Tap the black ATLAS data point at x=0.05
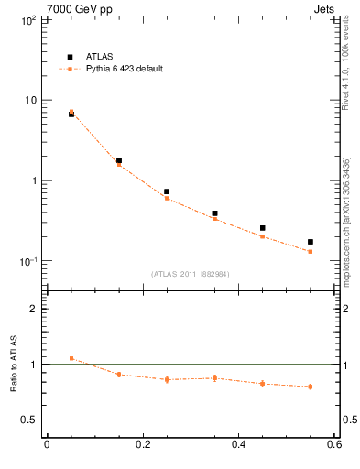(x=71, y=114)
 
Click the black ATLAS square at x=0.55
(x=311, y=242)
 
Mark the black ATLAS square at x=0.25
(x=167, y=191)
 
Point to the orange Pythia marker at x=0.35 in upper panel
(x=214, y=219)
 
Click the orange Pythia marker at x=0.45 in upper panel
(x=263, y=236)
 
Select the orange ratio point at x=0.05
(x=71, y=358)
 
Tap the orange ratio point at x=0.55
(x=311, y=387)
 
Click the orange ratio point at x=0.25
(x=167, y=379)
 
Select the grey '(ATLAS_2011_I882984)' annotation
(x=191, y=274)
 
